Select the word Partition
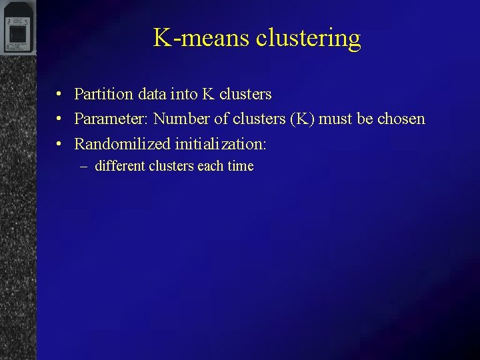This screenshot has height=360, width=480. tap(103, 95)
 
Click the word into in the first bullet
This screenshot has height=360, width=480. tap(184, 95)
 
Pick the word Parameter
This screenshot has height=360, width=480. tap(111, 119)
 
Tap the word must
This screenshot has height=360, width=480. tap(337, 119)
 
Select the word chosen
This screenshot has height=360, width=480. tap(401, 119)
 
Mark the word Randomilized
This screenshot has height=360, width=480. tap(123, 144)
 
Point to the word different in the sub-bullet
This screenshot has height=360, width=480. tap(120, 166)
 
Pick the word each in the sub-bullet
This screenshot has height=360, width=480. tap(210, 166)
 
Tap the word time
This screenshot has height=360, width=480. tap(240, 166)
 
